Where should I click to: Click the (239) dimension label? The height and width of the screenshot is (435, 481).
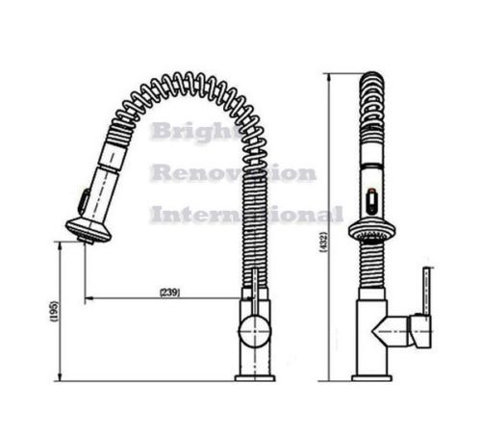click(x=169, y=293)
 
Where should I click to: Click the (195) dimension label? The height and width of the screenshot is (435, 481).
click(x=54, y=311)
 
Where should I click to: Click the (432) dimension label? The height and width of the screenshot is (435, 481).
click(x=323, y=243)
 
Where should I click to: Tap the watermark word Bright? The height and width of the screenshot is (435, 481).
click(x=194, y=132)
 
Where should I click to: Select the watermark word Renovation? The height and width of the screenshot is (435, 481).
click(x=234, y=173)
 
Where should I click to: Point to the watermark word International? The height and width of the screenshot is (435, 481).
click(x=247, y=214)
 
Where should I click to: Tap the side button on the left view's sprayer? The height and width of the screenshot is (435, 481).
click(x=85, y=200)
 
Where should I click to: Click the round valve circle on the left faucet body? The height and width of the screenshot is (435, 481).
click(x=254, y=331)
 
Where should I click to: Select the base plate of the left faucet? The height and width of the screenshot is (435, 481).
click(x=255, y=378)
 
